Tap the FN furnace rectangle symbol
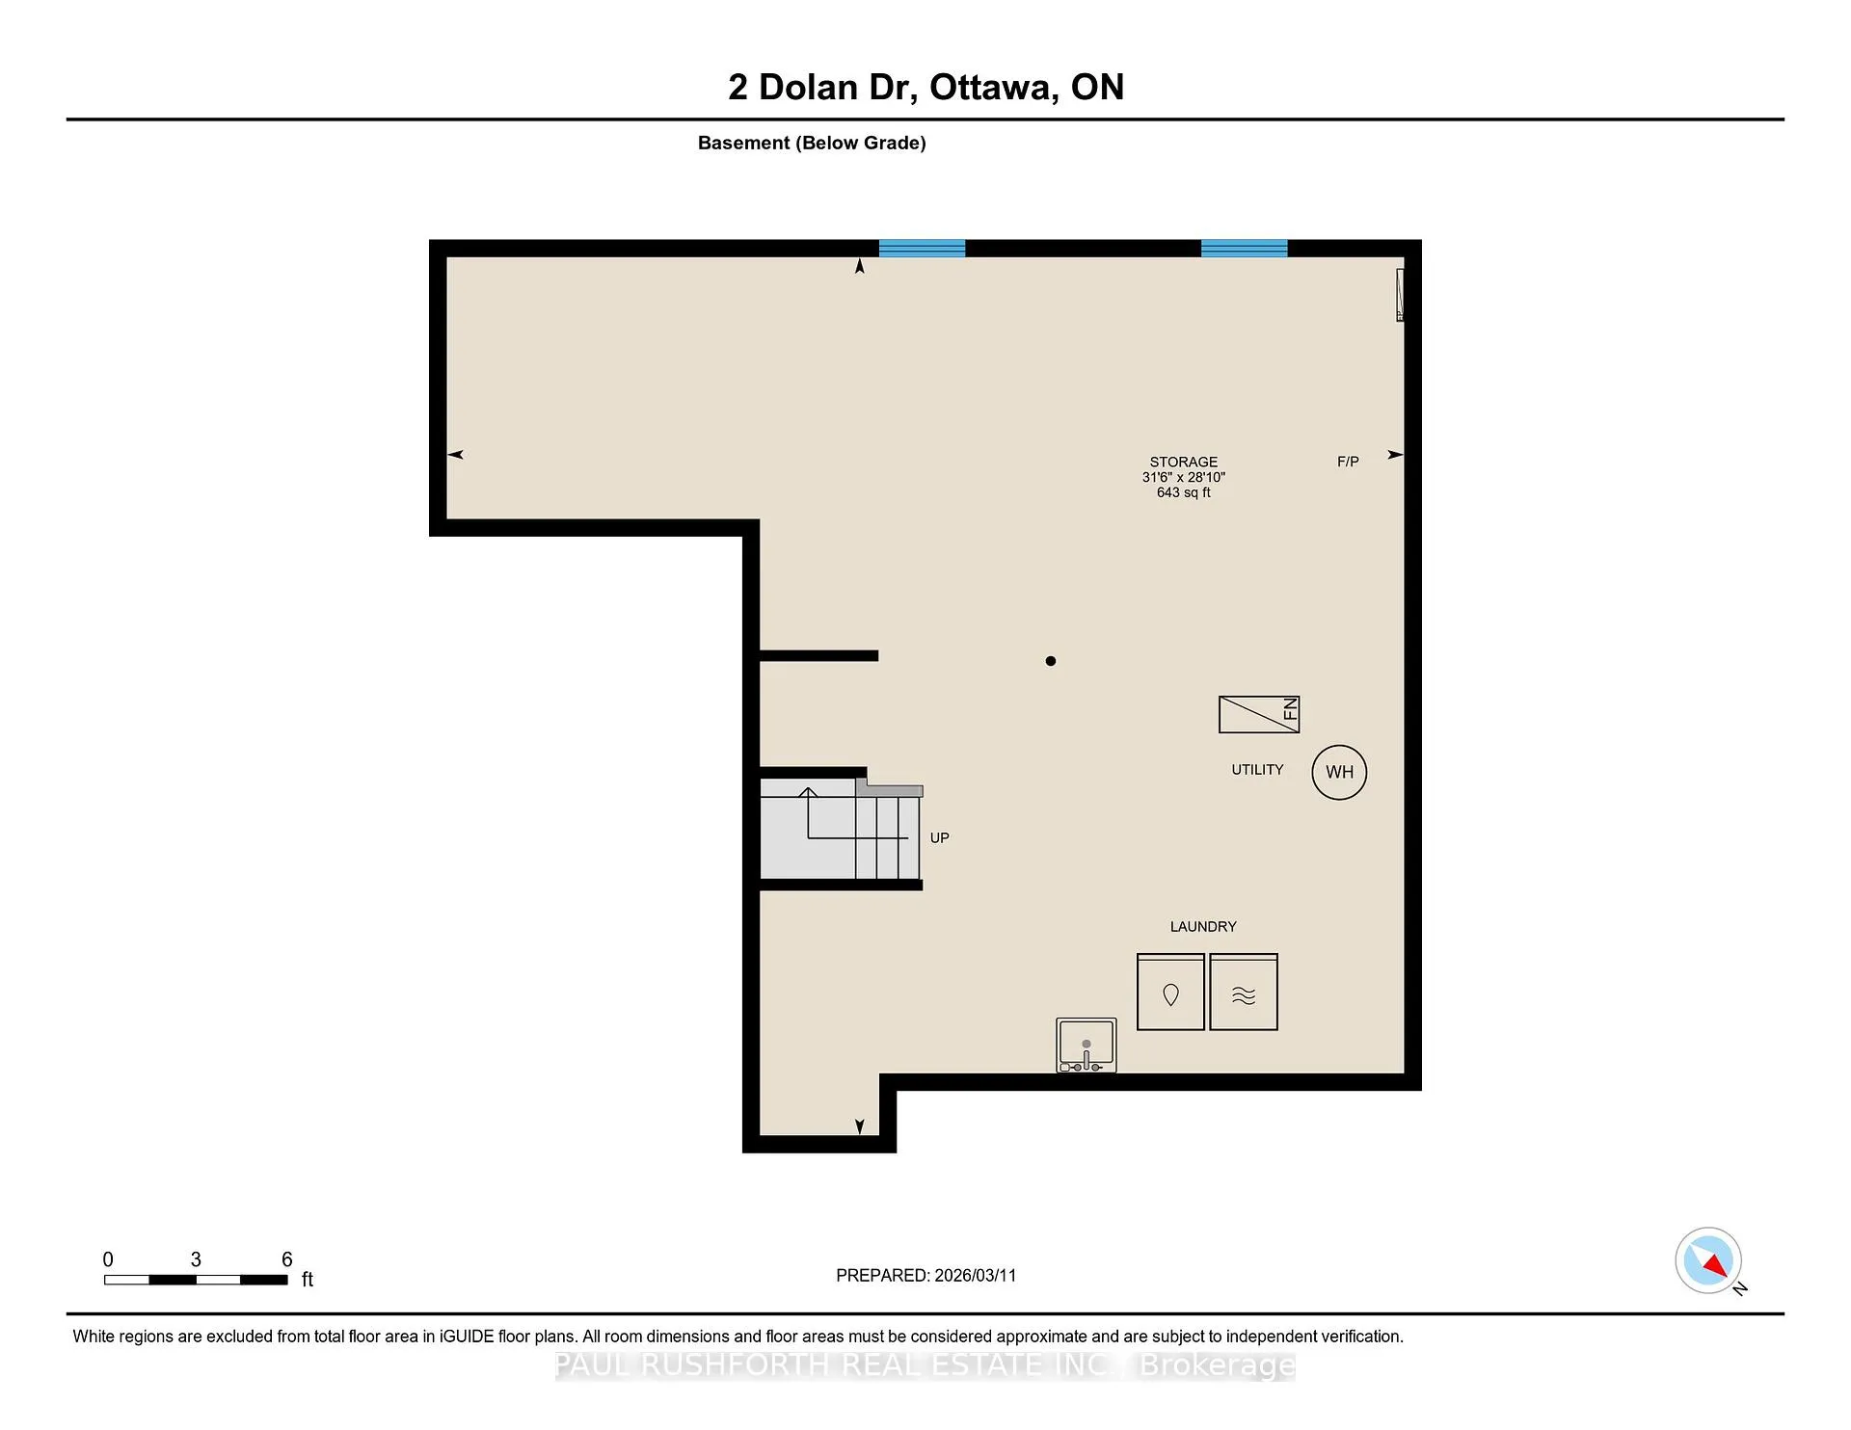[x=1259, y=714]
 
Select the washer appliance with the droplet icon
[x=1170, y=993]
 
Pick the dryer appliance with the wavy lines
[x=1244, y=993]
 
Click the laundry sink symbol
[x=1086, y=1045]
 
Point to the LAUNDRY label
[x=1203, y=927]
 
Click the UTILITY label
[x=1257, y=770]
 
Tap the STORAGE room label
[x=1184, y=463]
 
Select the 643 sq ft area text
[x=1184, y=492]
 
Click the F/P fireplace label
[x=1348, y=463]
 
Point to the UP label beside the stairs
[x=940, y=838]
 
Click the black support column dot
[x=1051, y=661]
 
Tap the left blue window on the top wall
[x=922, y=248]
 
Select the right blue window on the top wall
[x=1244, y=248]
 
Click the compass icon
[x=1708, y=1260]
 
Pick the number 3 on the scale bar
[x=196, y=1259]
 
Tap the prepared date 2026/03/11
[x=976, y=1276]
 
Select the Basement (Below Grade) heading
[x=812, y=144]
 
